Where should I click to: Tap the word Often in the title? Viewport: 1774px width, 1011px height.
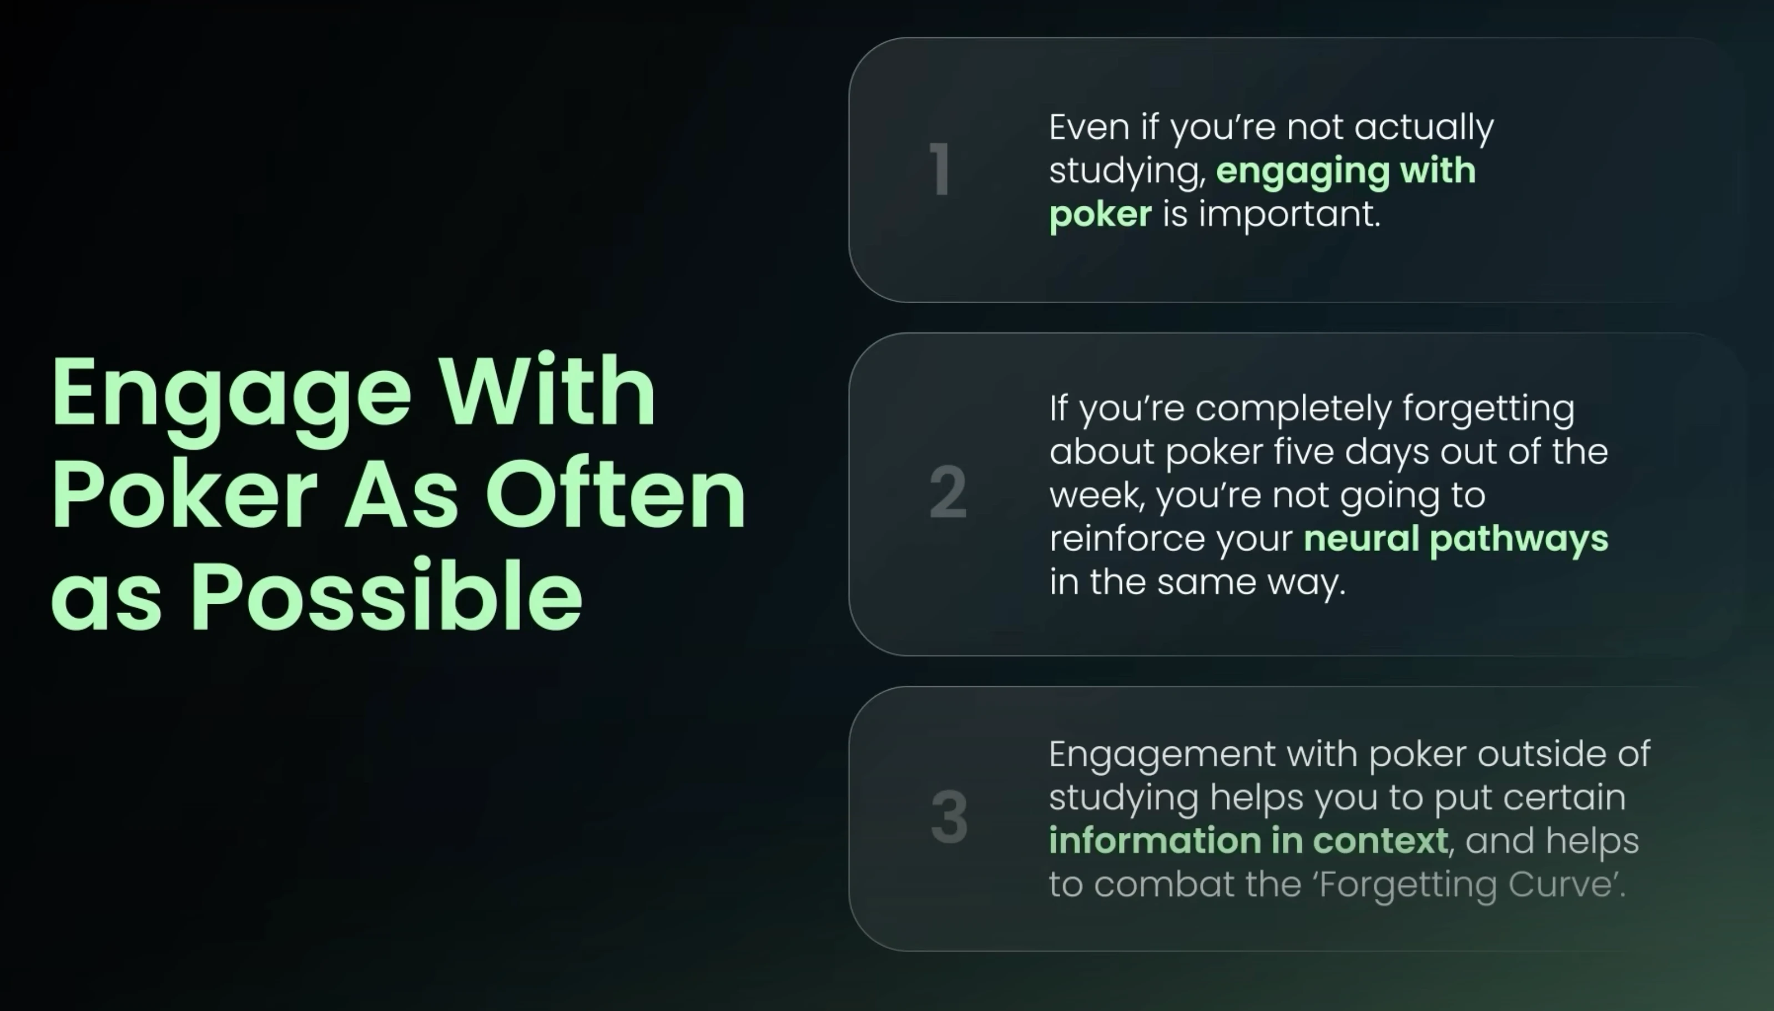click(616, 494)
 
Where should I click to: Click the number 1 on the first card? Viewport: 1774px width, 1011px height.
click(940, 169)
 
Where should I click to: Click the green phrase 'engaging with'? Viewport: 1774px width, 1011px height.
click(1346, 171)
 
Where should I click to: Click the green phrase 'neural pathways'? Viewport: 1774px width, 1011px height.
click(1456, 539)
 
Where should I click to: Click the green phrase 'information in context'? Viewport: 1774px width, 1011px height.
click(1248, 840)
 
